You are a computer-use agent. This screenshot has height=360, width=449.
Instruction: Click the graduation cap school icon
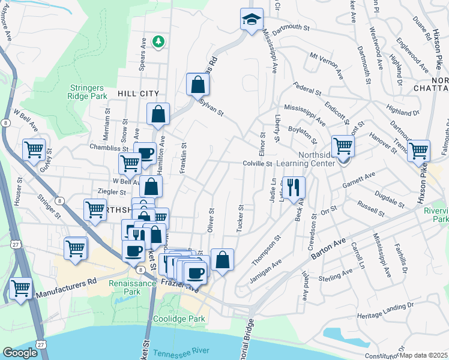pyautogui.click(x=252, y=19)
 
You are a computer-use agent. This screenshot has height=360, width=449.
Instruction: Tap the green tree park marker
pyautogui.click(x=158, y=41)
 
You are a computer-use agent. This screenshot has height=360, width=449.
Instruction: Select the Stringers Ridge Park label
pyautogui.click(x=87, y=91)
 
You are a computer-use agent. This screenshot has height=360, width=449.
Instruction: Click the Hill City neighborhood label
pyautogui.click(x=139, y=94)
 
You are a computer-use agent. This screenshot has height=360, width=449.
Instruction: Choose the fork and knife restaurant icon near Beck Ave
pyautogui.click(x=293, y=187)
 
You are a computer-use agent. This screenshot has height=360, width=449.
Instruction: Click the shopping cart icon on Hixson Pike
pyautogui.click(x=418, y=151)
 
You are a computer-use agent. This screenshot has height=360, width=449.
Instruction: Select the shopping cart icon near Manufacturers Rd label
pyautogui.click(x=21, y=289)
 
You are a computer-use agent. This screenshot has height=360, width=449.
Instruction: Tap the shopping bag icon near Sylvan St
pyautogui.click(x=197, y=85)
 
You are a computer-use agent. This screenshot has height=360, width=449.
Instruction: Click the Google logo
pyautogui.click(x=20, y=353)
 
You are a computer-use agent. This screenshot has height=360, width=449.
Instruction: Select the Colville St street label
pyautogui.click(x=258, y=163)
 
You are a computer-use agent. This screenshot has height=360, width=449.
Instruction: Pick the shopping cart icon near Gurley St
pyautogui.click(x=34, y=149)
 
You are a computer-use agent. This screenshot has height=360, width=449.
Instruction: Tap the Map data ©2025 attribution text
pyautogui.click(x=424, y=355)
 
